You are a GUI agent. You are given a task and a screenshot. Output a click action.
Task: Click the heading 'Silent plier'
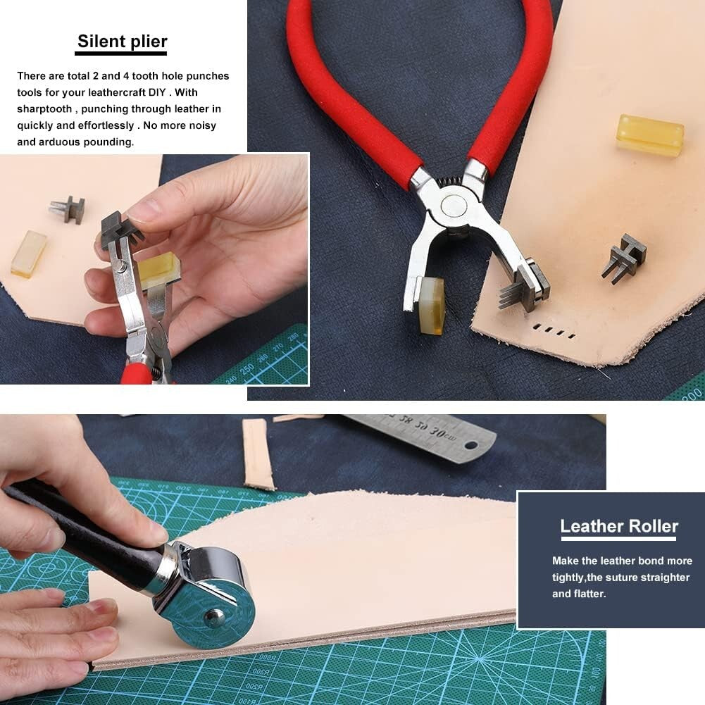point(122,42)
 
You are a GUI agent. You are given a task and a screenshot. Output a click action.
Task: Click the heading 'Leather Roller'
point(618,526)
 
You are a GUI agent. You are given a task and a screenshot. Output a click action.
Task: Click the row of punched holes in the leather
point(554,331)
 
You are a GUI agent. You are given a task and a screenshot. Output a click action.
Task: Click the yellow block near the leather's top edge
point(649,135)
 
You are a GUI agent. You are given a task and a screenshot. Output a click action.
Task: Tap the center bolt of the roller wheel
point(214,618)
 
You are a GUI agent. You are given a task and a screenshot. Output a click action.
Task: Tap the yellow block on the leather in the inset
point(28,254)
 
